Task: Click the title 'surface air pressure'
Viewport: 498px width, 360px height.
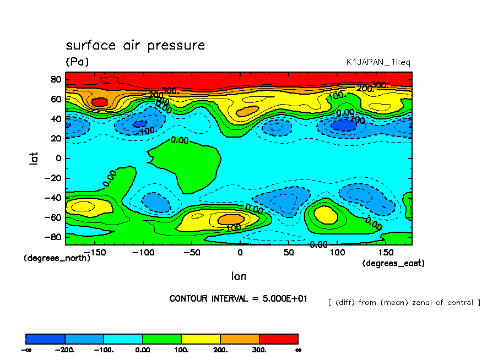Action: [x=135, y=45]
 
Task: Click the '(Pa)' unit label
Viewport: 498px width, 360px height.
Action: [x=77, y=62]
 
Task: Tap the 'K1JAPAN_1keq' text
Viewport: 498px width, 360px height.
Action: [x=378, y=62]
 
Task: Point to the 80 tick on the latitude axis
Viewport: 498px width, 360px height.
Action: [x=56, y=79]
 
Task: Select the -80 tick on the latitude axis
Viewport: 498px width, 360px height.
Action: [x=53, y=237]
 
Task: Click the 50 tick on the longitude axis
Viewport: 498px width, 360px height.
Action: [x=289, y=252]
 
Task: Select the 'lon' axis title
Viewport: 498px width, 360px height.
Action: [x=239, y=276]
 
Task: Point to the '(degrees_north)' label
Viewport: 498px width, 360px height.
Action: [x=57, y=258]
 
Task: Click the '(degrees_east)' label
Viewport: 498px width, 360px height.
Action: [x=393, y=263]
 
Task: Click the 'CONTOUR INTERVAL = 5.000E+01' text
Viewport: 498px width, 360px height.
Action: [x=239, y=298]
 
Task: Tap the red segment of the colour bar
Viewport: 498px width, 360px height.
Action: [x=278, y=339]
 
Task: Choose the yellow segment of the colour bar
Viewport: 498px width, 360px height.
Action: [x=201, y=339]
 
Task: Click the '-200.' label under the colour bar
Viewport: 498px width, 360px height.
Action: [x=65, y=350]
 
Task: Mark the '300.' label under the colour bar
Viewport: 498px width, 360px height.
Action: [x=259, y=350]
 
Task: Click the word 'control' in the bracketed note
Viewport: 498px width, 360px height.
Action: [x=462, y=302]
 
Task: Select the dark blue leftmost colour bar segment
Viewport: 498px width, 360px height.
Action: [x=45, y=339]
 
